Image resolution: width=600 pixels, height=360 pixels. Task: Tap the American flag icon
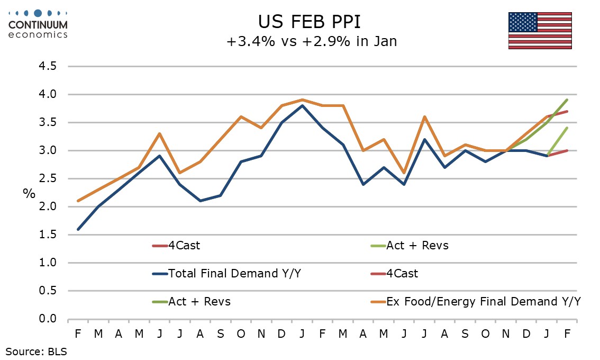point(540,30)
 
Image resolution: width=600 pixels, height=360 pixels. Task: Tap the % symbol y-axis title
point(29,193)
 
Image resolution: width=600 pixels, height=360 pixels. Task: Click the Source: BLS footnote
point(37,350)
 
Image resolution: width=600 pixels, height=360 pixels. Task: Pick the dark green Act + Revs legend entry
point(199,301)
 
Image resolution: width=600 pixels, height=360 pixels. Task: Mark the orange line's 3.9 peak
point(302,100)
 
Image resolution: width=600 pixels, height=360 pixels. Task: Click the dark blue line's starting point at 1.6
point(78,229)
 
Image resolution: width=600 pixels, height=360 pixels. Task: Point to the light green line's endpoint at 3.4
point(567,128)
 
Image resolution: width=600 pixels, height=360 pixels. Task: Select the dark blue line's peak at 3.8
point(302,105)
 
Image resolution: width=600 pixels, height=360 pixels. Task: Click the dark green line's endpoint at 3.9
point(567,100)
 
